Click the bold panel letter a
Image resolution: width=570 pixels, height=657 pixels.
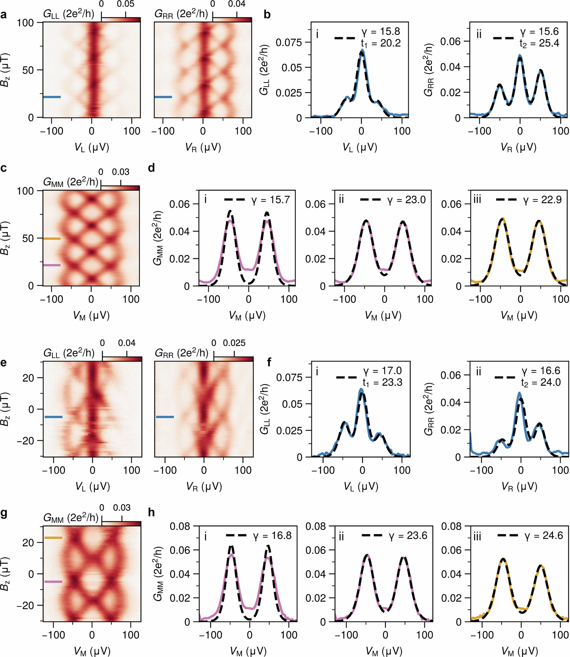pyautogui.click(x=4, y=15)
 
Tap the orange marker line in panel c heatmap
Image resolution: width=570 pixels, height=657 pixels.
pyautogui.click(x=52, y=238)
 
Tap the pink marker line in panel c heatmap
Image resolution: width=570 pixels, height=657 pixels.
pyautogui.click(x=52, y=265)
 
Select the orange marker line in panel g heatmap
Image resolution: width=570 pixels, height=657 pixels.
pyautogui.click(x=53, y=538)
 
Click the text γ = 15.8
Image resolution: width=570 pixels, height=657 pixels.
pyautogui.click(x=380, y=31)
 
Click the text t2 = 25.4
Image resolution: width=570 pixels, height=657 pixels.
pyautogui.click(x=539, y=43)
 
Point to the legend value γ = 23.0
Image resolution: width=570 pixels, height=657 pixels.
pyautogui.click(x=406, y=200)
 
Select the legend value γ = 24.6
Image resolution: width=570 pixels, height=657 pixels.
pyautogui.click(x=544, y=535)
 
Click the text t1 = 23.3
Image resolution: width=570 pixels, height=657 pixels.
pyautogui.click(x=382, y=383)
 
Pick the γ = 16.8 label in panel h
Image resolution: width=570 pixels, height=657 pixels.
pyautogui.click(x=272, y=535)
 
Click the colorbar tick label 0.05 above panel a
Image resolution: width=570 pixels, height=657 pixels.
pyautogui.click(x=126, y=4)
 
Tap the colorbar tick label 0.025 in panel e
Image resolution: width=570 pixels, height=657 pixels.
pyautogui.click(x=234, y=343)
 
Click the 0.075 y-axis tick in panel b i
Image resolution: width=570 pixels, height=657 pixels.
pyautogui.click(x=289, y=43)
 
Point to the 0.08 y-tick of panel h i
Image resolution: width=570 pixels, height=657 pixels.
pyautogui.click(x=180, y=526)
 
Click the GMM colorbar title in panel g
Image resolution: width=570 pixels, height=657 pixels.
pyautogui.click(x=71, y=518)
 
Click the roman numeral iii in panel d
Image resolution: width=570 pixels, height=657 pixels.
pyautogui.click(x=477, y=199)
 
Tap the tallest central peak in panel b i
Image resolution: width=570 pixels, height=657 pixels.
pyautogui.click(x=362, y=52)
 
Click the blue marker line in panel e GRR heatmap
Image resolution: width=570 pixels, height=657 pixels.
pyautogui.click(x=165, y=417)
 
